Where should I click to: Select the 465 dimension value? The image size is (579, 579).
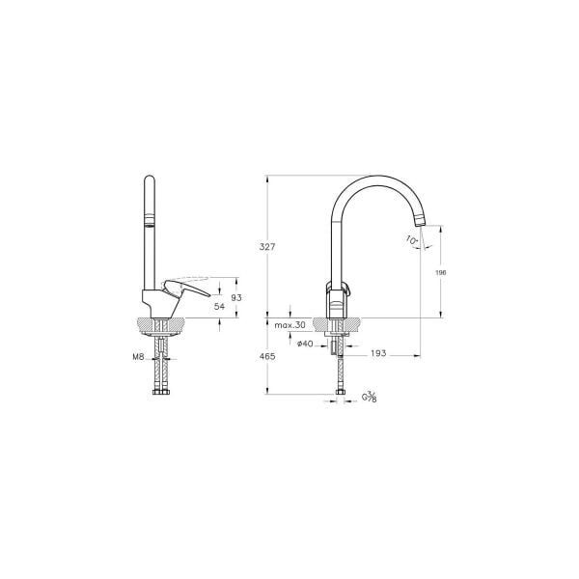pyautogui.click(x=268, y=356)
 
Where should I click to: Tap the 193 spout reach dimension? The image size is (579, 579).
pyautogui.click(x=378, y=354)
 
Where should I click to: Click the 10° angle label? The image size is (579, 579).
pyautogui.click(x=412, y=238)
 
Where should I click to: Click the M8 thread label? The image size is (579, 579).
pyautogui.click(x=138, y=356)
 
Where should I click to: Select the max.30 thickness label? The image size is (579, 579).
pyautogui.click(x=289, y=326)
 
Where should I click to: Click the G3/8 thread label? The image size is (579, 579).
pyautogui.click(x=369, y=397)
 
